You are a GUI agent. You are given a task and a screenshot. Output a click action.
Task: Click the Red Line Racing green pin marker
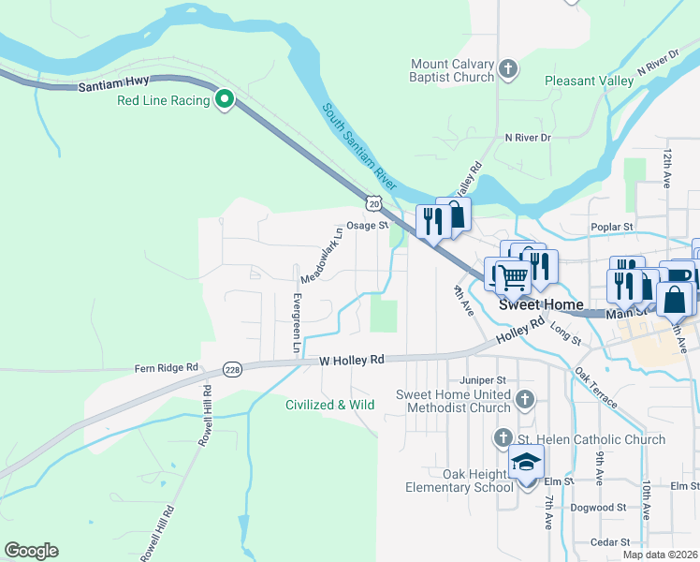pos(225,99)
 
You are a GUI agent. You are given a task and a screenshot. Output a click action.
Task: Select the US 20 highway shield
pos(374,202)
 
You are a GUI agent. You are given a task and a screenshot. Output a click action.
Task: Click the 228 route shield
pos(232,371)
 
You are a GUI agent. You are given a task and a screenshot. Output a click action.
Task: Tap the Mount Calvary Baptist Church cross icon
pos(508,69)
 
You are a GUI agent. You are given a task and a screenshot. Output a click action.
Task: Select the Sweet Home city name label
pos(541,305)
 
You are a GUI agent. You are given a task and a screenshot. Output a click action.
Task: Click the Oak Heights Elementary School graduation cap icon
pos(527,464)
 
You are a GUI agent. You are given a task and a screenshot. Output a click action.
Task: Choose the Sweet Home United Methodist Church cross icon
pos(525,400)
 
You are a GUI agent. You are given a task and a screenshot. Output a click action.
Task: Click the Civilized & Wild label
pos(329,406)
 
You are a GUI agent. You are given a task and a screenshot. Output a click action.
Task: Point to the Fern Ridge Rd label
pos(168,368)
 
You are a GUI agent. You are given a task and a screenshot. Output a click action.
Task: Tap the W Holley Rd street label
pos(352,360)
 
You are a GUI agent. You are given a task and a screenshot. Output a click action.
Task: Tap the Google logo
pos(31,551)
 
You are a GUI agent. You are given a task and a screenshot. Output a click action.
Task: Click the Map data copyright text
pos(660,555)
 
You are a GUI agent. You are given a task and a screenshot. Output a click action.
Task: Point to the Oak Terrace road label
pos(596,387)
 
